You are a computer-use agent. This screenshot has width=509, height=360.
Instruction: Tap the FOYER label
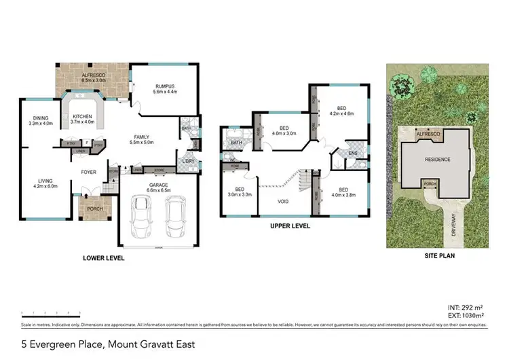(89, 172)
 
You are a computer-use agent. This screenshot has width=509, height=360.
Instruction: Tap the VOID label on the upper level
(284, 201)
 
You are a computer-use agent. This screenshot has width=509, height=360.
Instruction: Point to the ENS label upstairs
(352, 154)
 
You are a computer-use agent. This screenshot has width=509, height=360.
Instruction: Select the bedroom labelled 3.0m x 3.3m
(240, 193)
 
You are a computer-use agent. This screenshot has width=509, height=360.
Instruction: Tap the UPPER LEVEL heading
(290, 226)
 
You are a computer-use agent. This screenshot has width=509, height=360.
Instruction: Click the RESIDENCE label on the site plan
(437, 159)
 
